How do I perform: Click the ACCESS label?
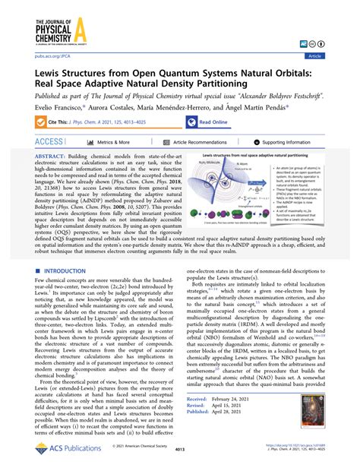click(x=49, y=142)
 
